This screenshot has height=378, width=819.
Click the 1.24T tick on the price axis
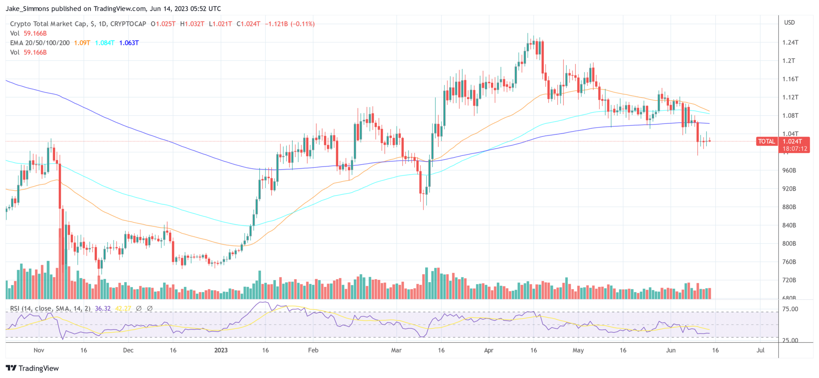pos(790,42)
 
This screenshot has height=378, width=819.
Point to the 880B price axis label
pos(789,207)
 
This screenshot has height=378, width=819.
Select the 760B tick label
pos(789,262)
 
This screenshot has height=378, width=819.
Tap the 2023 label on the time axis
pos(221,350)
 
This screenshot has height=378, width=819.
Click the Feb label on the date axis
pos(313,350)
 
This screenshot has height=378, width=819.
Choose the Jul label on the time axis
pos(760,350)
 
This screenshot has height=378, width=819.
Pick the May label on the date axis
pos(578,350)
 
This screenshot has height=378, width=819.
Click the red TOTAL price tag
pos(766,141)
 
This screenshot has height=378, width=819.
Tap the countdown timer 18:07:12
pos(795,148)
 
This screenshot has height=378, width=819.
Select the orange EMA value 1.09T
pos(82,43)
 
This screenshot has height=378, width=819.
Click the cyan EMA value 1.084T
pos(105,43)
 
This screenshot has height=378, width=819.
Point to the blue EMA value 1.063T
pos(129,43)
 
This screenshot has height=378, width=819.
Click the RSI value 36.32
pos(103,308)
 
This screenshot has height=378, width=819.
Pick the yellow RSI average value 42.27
pos(123,308)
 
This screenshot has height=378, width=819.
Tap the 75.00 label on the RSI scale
pos(790,309)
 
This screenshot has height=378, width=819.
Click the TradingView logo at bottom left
pos(32,368)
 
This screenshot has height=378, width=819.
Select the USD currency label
pos(789,22)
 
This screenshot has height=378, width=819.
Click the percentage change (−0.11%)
pos(302,24)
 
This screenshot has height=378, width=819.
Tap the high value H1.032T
pos(192,24)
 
